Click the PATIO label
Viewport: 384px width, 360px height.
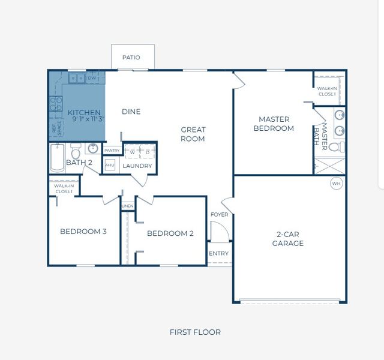[131, 58]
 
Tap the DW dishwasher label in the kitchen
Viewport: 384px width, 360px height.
[92, 78]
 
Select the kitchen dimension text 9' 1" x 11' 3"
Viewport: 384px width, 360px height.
[89, 119]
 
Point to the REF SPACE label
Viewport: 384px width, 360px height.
[57, 128]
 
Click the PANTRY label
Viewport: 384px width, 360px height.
[112, 151]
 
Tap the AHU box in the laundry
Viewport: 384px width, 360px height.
[110, 165]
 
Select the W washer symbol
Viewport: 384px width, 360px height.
[132, 152]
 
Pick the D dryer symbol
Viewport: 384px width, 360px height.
[148, 152]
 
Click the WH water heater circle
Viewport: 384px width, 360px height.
[337, 184]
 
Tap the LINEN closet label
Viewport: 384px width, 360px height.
[128, 206]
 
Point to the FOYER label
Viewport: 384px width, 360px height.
[220, 215]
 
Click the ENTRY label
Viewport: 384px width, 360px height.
[218, 253]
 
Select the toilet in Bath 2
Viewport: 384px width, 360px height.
[76, 151]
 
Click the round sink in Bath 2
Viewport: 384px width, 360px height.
[93, 148]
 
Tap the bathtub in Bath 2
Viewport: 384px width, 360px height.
[58, 158]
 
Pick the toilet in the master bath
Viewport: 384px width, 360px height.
[337, 147]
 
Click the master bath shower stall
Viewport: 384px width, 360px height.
[330, 166]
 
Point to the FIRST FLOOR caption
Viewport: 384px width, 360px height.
[195, 332]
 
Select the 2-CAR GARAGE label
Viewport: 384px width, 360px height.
[288, 239]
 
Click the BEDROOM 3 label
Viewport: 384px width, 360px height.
[83, 232]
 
